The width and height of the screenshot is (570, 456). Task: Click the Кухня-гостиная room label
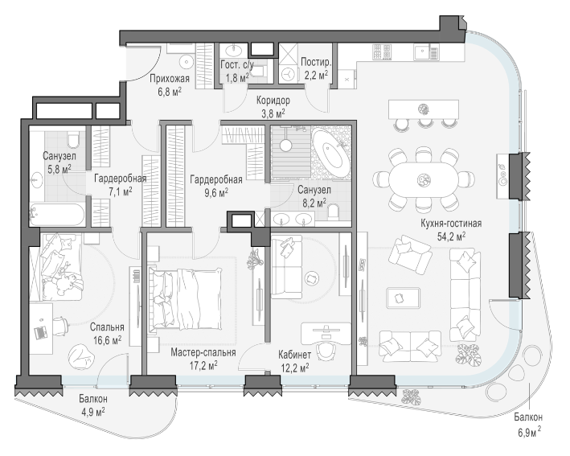(451, 224)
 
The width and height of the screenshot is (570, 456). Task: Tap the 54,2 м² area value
(451, 236)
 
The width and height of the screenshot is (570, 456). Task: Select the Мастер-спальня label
(203, 352)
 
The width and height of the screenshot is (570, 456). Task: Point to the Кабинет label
(295, 355)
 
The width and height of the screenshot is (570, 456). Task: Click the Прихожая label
(170, 79)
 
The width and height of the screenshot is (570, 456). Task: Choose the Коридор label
(273, 100)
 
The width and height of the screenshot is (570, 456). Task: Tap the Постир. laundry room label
(316, 62)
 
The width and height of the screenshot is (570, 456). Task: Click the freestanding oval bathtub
(330, 153)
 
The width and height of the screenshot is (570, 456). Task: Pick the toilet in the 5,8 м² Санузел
(73, 140)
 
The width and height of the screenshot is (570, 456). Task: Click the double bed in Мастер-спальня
(185, 299)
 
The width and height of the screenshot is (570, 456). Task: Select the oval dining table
(424, 179)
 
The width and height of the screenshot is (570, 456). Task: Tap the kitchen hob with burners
(382, 52)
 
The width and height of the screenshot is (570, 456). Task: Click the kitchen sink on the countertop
(426, 52)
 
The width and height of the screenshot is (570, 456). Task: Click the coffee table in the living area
(403, 298)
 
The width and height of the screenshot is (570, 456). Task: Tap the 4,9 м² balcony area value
(93, 413)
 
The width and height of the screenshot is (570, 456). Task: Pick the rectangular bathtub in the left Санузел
(57, 216)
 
